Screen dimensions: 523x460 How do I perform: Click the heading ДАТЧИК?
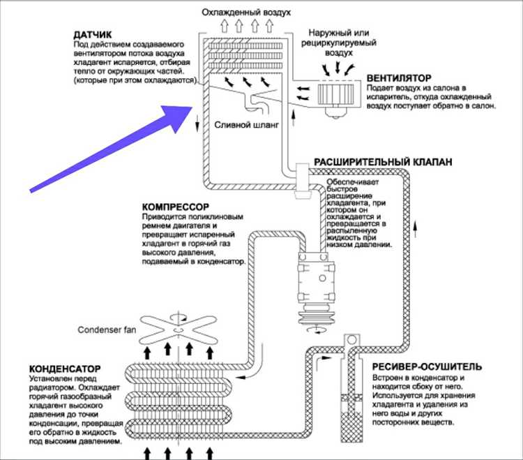[x=92, y=35]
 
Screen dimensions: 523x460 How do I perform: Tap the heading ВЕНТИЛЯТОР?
[x=399, y=78]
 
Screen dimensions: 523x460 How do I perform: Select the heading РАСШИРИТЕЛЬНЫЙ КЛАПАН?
[x=383, y=162]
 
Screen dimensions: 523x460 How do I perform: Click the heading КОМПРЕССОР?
[x=176, y=207]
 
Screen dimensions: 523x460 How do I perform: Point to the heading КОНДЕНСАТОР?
[x=65, y=369]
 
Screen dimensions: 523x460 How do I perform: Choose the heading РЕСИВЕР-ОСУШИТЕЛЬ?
[x=427, y=367]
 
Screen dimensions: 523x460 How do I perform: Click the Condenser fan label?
[x=107, y=329]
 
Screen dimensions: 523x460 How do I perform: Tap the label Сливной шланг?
[x=246, y=125]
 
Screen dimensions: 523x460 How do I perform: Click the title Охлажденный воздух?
[x=246, y=13]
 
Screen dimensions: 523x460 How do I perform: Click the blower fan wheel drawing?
[x=335, y=94]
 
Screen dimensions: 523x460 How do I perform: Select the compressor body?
[x=317, y=279]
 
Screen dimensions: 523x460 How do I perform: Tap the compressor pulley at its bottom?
[x=316, y=316]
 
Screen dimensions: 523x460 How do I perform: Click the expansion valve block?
[x=303, y=181]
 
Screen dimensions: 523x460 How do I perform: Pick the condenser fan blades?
[x=178, y=329]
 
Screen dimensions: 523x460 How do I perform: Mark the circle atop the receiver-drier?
[x=351, y=340]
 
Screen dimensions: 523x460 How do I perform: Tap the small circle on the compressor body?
[x=322, y=278]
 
